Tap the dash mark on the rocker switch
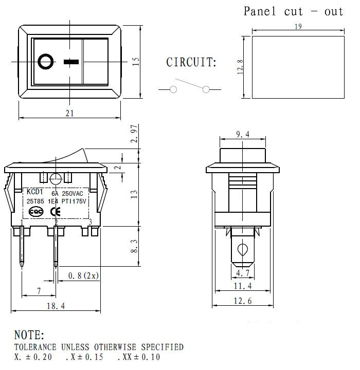[71, 62]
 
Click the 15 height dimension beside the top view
[136, 61]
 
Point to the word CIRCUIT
[191, 63]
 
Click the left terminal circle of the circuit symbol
[173, 89]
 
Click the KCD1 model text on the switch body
[34, 193]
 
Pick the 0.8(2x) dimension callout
[83, 275]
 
